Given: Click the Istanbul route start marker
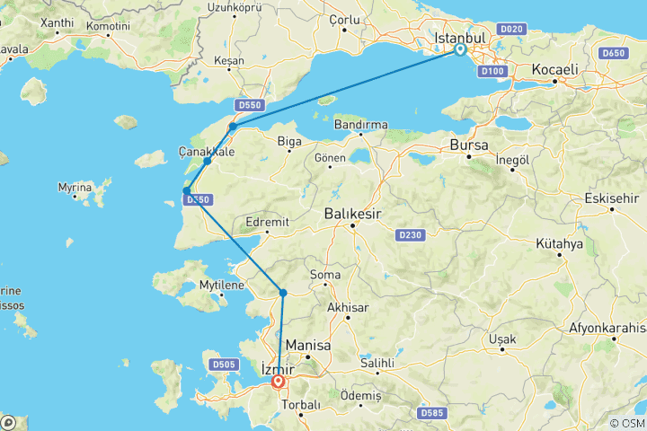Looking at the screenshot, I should click(x=459, y=50).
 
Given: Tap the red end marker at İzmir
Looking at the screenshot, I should click(x=279, y=382).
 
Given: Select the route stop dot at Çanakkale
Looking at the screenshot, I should click(x=208, y=161).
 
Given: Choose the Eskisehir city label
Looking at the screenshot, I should click(x=611, y=199).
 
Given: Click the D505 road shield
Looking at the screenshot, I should click(x=225, y=364).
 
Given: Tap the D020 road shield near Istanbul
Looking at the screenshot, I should click(x=511, y=29).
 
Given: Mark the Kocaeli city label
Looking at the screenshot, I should click(x=554, y=69).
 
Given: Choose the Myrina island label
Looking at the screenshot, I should click(x=75, y=188).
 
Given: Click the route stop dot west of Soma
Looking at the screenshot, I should click(x=283, y=293).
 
